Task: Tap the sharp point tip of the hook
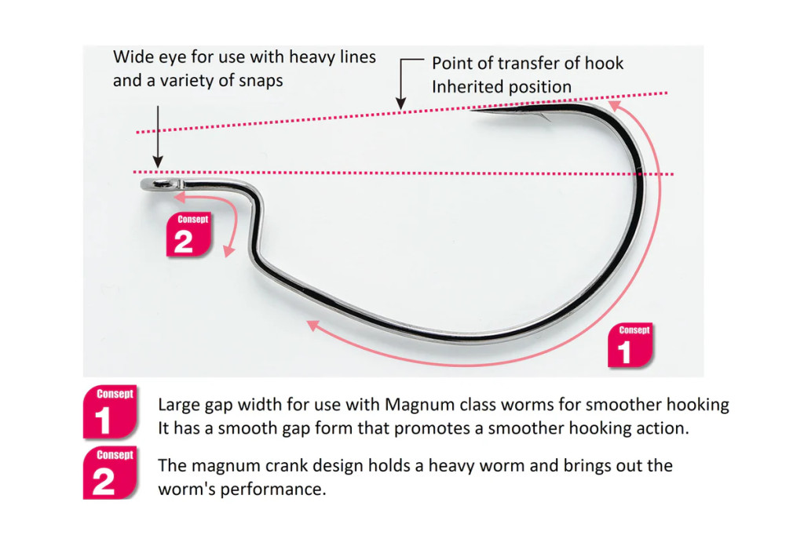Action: pos(473,110)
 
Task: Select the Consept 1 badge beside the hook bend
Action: pos(630,345)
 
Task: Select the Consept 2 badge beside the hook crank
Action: pos(188,234)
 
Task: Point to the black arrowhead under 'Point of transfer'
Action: pos(400,104)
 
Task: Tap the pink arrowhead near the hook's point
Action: pos(613,104)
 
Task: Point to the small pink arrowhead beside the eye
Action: pos(179,198)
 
